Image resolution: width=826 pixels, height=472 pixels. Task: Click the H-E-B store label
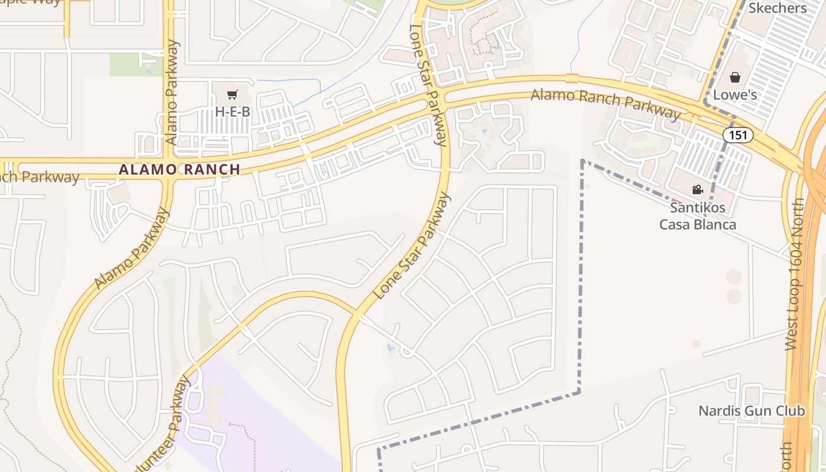pos(232,111)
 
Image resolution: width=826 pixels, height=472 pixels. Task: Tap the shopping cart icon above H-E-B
pos(232,94)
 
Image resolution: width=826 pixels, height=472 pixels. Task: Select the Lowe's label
pos(735,94)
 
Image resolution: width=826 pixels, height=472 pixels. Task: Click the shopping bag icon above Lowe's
pos(735,77)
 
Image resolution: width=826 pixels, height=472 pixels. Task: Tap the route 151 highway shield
pos(737,135)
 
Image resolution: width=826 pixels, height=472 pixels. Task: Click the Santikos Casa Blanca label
pos(697,216)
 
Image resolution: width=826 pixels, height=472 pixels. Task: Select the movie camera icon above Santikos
pos(697,189)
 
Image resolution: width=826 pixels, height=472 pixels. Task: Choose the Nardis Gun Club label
pos(751,411)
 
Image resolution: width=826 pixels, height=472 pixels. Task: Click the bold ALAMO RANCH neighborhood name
pos(179,169)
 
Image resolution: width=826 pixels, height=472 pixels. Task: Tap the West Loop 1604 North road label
pos(794,274)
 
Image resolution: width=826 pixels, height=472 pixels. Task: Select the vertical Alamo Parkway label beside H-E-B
pos(172,93)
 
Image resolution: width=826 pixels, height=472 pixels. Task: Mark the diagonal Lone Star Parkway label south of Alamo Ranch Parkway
pos(412,246)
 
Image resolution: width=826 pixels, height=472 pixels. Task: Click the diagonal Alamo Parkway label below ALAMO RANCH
pos(132,249)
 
